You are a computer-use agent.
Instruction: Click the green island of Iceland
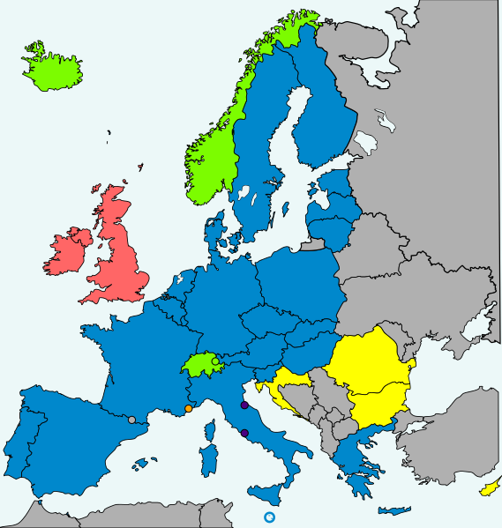(x=52, y=68)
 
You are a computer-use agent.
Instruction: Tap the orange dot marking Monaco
(x=189, y=408)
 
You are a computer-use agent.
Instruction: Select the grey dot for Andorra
(x=131, y=420)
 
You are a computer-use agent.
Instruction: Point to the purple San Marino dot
(x=244, y=405)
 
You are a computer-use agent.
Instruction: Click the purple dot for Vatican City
(x=244, y=433)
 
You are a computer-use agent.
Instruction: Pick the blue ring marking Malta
(x=270, y=517)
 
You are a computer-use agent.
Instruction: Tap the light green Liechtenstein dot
(x=216, y=361)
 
